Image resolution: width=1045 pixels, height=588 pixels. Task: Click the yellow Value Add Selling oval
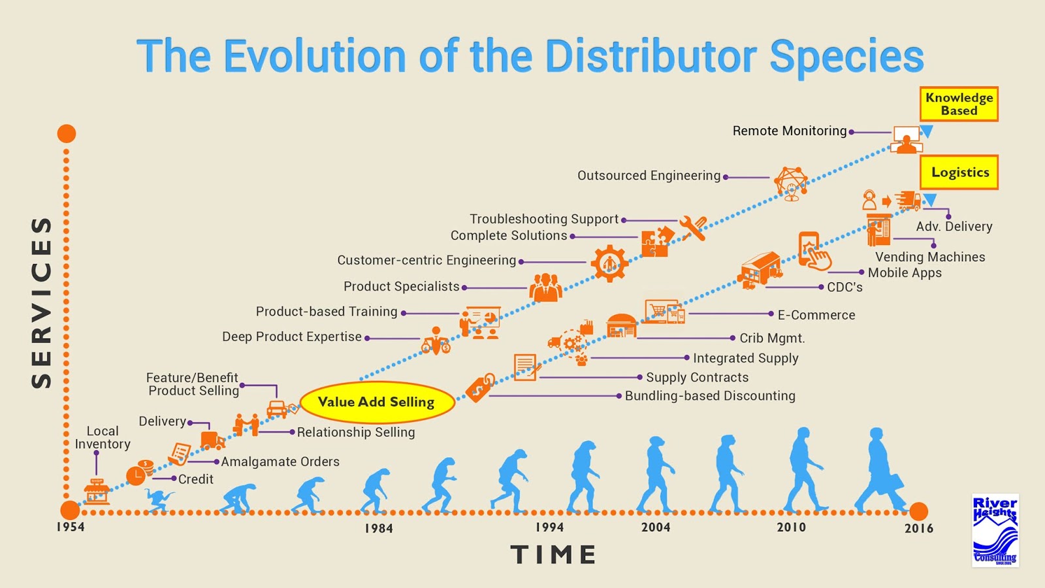click(x=377, y=402)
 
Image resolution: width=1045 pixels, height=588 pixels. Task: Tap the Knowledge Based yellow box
click(x=959, y=105)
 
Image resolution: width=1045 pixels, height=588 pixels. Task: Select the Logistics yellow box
click(x=959, y=172)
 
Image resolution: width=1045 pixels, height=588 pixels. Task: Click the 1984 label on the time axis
click(x=379, y=528)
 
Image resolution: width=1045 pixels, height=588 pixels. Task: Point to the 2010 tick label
click(x=791, y=527)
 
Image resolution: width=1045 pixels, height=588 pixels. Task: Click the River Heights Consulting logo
click(x=995, y=530)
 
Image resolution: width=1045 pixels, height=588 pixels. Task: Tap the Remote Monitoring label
click(x=789, y=131)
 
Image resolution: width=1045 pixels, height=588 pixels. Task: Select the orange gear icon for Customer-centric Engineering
click(x=609, y=263)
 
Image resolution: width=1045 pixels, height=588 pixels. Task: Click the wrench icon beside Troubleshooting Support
click(x=693, y=228)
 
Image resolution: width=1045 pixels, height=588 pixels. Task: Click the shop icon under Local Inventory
click(x=97, y=491)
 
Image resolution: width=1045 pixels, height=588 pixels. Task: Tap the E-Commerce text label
click(x=816, y=315)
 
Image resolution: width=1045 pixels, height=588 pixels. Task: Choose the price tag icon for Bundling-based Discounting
click(x=480, y=388)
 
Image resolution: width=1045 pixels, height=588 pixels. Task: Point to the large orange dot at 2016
click(x=918, y=512)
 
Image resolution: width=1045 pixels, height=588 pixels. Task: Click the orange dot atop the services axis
click(x=67, y=134)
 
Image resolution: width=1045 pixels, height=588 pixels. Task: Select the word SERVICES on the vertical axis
click(x=41, y=302)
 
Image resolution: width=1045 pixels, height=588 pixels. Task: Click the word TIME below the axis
click(x=553, y=555)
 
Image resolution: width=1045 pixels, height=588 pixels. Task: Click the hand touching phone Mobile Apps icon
click(x=813, y=252)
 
